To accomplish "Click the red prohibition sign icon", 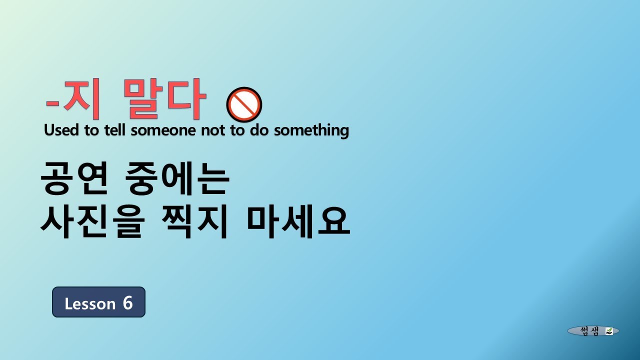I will coord(244,105).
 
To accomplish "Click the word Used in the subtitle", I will coord(61,130).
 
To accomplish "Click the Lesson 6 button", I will coord(98,302).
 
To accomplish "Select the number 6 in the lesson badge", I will coord(127,303).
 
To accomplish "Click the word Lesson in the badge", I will coord(90,303).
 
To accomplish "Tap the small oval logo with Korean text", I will coord(593,331).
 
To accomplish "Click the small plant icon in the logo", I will coord(609,331).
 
